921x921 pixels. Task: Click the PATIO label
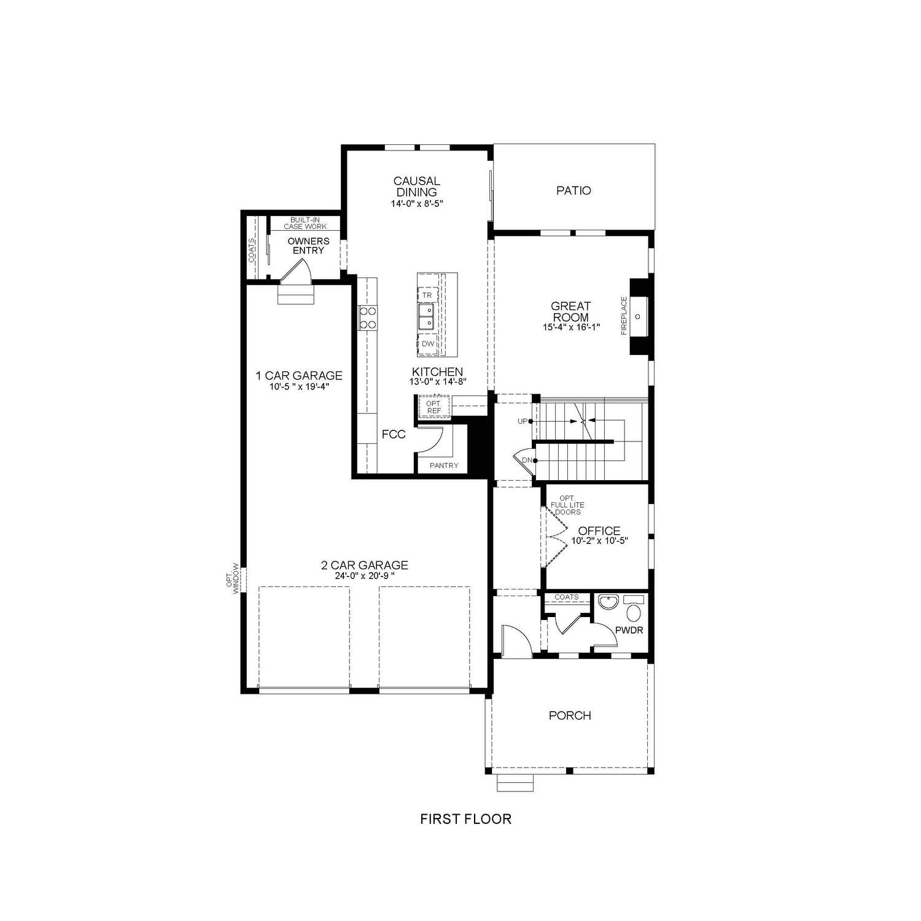573,190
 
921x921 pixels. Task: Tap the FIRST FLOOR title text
465,818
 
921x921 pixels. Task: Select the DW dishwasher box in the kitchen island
428,344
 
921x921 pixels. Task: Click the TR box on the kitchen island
427,295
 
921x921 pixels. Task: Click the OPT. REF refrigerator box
434,407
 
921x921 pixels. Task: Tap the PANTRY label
444,465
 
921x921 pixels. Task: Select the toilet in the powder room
633,608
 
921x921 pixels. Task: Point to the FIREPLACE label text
624,316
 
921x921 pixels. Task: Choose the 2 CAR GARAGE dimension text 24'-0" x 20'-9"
365,576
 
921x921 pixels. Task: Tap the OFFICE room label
599,530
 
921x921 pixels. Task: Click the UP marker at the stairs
524,421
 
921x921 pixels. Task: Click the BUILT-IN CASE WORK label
305,223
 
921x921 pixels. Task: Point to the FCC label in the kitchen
394,434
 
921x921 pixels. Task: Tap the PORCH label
570,715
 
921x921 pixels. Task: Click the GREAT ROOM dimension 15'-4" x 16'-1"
570,327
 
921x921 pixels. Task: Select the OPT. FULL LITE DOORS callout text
567,505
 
